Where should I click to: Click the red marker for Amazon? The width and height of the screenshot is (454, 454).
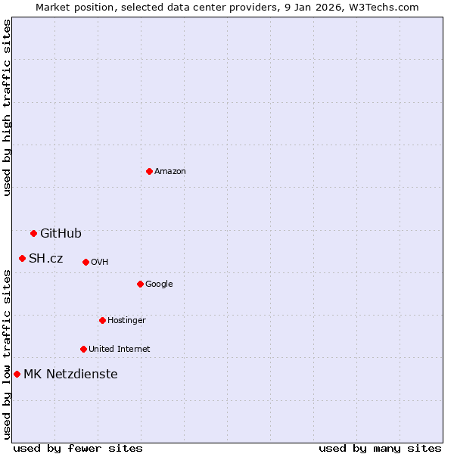(x=149, y=171)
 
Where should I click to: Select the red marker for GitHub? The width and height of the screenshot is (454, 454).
(x=33, y=233)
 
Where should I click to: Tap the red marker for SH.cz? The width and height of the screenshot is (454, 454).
(x=22, y=258)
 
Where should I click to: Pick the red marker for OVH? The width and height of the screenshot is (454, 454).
(x=86, y=262)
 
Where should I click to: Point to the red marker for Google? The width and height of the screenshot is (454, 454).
(x=140, y=284)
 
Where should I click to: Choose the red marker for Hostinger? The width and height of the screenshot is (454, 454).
(x=102, y=320)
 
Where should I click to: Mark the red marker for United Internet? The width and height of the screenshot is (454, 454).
(x=83, y=349)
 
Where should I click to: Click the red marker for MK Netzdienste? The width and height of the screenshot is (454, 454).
(x=17, y=374)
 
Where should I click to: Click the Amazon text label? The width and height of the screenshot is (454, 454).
(x=170, y=171)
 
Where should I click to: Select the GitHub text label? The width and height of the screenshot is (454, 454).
(x=61, y=233)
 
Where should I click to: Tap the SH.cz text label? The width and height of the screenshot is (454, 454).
(x=46, y=259)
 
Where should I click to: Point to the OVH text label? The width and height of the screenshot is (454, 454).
(x=100, y=263)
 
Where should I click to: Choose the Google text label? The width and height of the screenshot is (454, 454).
(x=159, y=285)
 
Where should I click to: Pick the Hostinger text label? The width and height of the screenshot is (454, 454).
(x=126, y=321)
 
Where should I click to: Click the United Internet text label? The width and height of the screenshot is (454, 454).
(x=120, y=350)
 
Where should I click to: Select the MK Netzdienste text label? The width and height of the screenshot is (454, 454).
(x=70, y=374)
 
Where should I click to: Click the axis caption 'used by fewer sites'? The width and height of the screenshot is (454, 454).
(x=78, y=448)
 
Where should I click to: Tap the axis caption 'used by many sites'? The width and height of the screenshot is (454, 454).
(x=380, y=448)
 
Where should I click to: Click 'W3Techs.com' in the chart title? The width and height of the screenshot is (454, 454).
(x=389, y=7)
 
